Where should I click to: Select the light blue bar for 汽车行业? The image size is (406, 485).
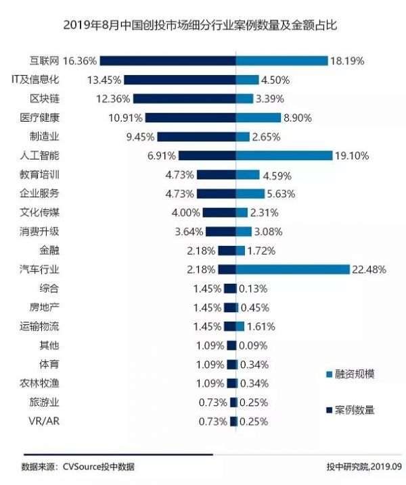tap(292, 270)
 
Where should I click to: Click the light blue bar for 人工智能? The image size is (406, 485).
tap(284, 155)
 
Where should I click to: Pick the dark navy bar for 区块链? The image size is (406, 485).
tap(181, 99)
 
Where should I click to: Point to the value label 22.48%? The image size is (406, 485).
tap(369, 270)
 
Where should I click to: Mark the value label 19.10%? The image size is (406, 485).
tap(351, 155)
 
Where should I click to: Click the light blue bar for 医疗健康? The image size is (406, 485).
tap(258, 118)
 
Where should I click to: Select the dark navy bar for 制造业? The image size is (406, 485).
tap(196, 136)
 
